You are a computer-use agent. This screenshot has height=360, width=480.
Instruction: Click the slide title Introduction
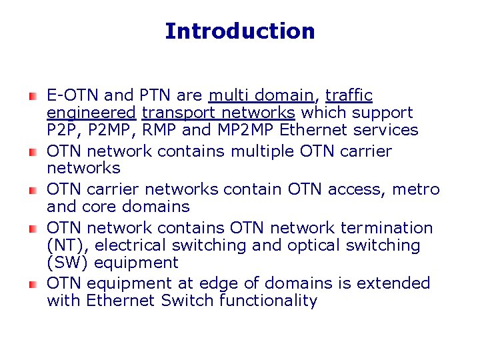point(239,31)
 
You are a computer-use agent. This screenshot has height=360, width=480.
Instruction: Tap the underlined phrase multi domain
point(261,95)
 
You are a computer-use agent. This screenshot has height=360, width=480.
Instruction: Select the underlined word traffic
point(349,95)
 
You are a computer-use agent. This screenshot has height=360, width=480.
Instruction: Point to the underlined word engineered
point(91,113)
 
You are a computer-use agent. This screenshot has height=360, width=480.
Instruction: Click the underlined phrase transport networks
point(219,113)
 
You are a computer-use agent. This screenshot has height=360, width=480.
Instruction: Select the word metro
point(415,189)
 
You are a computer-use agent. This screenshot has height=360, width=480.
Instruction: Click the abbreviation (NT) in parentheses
point(63,245)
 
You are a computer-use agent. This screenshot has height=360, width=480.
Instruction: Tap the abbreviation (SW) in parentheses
point(64,263)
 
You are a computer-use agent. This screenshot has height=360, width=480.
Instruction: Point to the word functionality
point(268,301)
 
